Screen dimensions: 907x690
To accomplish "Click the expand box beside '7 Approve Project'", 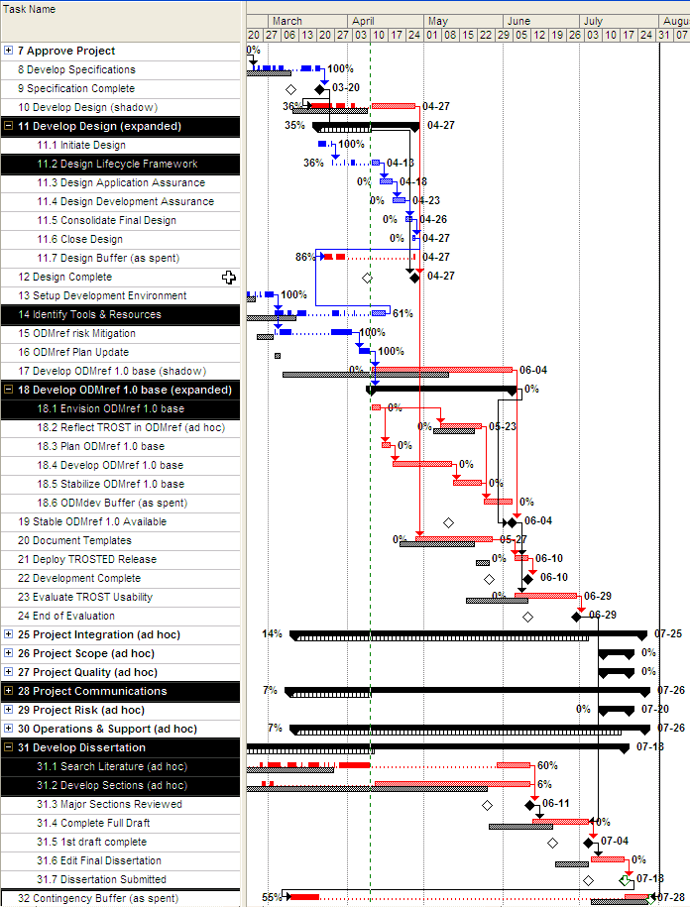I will coord(9,51).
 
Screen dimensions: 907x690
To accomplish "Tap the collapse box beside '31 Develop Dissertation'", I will coord(9,747).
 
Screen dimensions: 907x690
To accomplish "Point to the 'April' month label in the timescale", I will coord(363,21).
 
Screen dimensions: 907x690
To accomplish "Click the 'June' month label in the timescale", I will coord(517,21).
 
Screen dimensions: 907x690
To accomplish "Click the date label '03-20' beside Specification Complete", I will coord(346,88).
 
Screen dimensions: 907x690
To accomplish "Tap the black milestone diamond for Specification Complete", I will coord(319,89).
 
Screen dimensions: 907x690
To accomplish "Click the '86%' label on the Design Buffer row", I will coord(304,257).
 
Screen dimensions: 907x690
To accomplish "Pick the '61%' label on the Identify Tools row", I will coord(402,313).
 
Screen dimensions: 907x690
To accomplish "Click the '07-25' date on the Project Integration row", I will coord(668,633).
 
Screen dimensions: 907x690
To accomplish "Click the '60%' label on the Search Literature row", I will coord(547,765).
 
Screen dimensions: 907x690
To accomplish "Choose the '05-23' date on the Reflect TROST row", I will coord(502,426).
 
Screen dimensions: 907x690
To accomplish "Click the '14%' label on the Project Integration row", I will coord(272,633).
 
